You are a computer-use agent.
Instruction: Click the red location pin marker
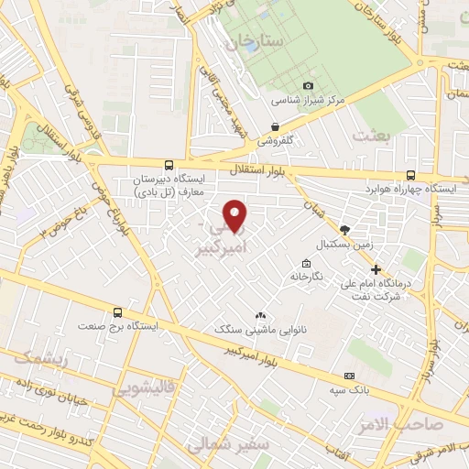(x=236, y=214)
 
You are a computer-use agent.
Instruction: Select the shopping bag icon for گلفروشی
(x=275, y=127)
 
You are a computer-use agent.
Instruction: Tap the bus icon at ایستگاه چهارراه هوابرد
(x=409, y=175)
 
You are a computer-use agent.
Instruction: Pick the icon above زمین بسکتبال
(x=344, y=230)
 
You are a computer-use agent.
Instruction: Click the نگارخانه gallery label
(x=307, y=276)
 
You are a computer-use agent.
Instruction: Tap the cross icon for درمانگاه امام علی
(x=376, y=269)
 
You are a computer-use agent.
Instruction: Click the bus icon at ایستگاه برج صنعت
(x=115, y=312)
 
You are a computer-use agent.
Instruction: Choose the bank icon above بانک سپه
(x=348, y=376)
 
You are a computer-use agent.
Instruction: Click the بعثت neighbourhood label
(x=374, y=136)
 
